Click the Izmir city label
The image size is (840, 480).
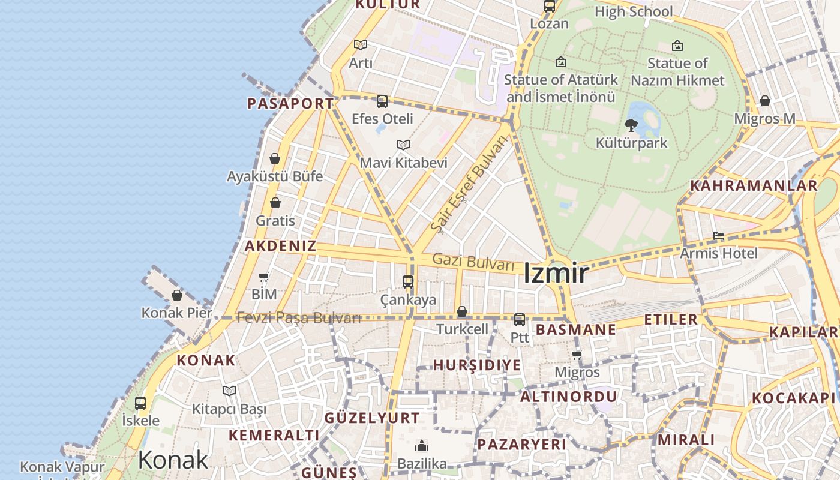coord(556,274)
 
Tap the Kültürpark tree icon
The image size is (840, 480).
coord(631,125)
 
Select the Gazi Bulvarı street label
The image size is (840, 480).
coord(473,262)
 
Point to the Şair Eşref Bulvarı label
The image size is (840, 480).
coord(469,184)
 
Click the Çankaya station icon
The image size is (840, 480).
coord(408,281)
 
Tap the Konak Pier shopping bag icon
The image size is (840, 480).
coord(177,295)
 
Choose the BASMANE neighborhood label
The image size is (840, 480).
coord(575,329)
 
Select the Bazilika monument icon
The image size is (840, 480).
coord(422,446)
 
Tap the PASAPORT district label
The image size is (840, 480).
coord(290,103)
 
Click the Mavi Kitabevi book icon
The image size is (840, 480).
coord(403,145)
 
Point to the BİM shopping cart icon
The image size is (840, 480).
coord(263,277)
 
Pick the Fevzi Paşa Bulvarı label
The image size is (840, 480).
coord(299,318)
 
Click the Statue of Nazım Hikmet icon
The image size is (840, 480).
coord(677,46)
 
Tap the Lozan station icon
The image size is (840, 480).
coord(550,7)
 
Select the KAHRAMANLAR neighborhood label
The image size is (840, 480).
coord(754,185)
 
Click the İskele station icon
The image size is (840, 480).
coord(140,403)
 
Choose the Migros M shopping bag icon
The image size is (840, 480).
coord(765,101)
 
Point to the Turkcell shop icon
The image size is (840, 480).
coord(462,311)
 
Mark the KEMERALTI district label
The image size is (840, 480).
coord(274,435)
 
